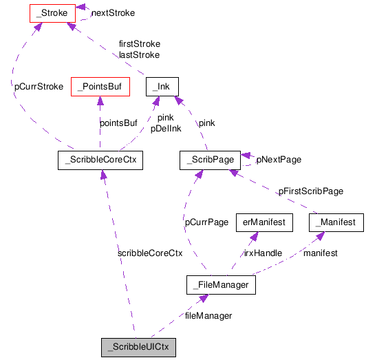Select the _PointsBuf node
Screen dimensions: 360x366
[100, 86]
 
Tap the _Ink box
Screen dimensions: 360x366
[162, 86]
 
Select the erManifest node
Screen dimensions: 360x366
[265, 222]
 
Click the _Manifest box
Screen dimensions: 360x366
[336, 222]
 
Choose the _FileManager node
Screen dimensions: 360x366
[222, 284]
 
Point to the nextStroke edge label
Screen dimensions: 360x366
[113, 12]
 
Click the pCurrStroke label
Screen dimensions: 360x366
[39, 87]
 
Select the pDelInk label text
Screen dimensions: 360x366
[166, 128]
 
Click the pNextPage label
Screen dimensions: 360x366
[279, 159]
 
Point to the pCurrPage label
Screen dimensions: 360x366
[206, 222]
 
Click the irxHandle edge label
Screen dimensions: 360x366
[263, 253]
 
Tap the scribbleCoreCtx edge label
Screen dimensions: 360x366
[150, 253]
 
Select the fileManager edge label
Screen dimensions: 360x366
[208, 315]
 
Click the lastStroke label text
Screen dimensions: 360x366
[139, 54]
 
